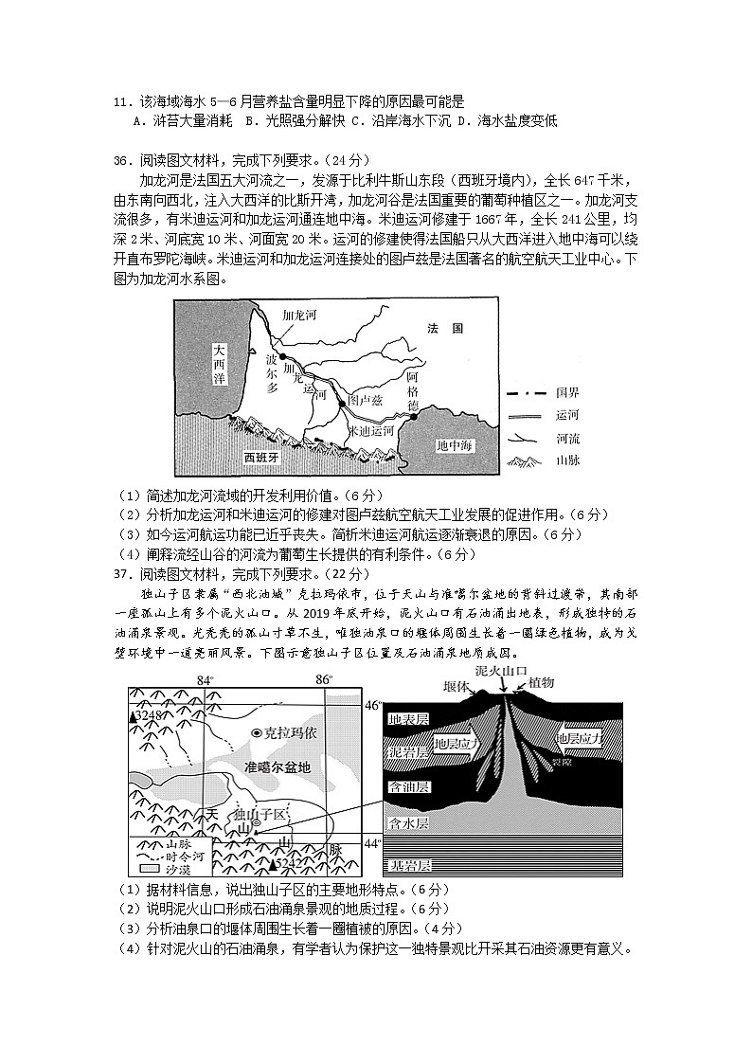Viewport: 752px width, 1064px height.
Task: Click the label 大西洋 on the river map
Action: (x=220, y=363)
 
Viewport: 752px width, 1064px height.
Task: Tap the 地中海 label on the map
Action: (x=454, y=445)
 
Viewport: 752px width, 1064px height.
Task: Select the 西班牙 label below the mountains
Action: (x=261, y=457)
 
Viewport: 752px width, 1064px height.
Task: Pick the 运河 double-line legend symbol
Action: (x=527, y=415)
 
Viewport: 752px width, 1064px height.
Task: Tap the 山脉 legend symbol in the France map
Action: (x=527, y=461)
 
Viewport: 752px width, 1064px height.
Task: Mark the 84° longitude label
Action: (x=206, y=680)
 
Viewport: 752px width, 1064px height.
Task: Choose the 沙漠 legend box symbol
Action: (x=149, y=867)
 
